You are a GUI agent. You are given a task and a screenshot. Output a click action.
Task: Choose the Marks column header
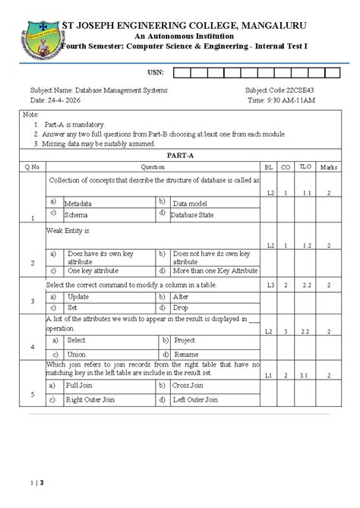(x=329, y=166)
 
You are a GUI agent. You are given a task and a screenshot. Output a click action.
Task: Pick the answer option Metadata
(x=78, y=204)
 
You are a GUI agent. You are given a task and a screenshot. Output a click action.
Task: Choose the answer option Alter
(x=182, y=297)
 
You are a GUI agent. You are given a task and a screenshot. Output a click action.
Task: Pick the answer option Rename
(x=185, y=354)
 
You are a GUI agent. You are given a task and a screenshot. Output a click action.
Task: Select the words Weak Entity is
(x=68, y=229)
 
